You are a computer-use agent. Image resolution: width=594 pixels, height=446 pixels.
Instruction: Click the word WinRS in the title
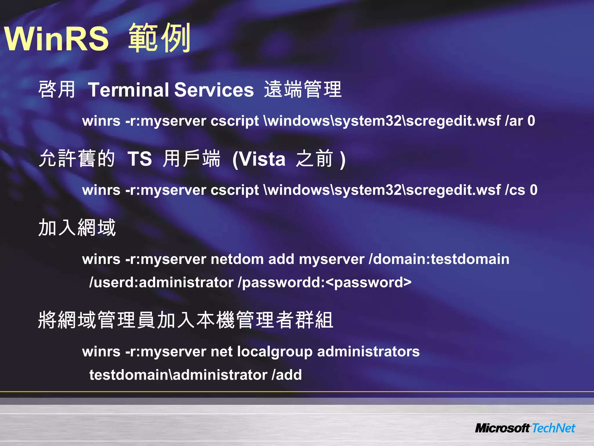(57, 39)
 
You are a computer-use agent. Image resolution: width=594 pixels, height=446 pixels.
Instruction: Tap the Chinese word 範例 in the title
(159, 38)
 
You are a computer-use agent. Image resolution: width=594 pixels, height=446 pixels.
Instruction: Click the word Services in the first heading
(214, 90)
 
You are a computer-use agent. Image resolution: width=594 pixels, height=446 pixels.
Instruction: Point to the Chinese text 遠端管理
(303, 89)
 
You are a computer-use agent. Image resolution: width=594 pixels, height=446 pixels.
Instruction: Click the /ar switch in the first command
(514, 121)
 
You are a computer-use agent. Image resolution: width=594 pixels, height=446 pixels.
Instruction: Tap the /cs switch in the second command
(515, 190)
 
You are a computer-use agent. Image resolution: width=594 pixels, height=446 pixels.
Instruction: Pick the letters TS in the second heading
(140, 159)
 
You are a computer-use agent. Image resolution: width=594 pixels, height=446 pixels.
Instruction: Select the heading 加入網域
(77, 227)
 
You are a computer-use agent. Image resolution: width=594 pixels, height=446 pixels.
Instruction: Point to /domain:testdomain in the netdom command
(439, 259)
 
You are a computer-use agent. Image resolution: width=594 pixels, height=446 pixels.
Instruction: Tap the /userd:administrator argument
(161, 282)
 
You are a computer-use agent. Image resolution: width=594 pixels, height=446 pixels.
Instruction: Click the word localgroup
(275, 352)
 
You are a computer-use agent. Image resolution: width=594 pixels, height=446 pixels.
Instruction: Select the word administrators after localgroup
(368, 352)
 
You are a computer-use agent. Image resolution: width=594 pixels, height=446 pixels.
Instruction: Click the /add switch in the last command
(287, 375)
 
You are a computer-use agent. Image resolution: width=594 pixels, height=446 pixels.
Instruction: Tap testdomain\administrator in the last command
(178, 375)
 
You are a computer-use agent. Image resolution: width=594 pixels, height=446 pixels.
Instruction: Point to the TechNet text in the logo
(553, 428)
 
